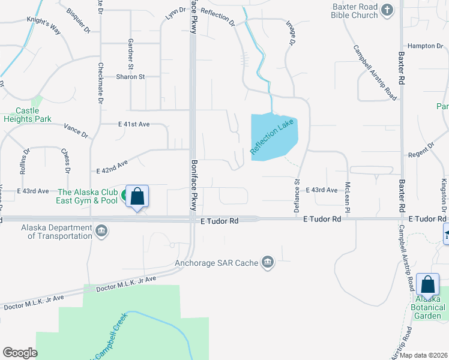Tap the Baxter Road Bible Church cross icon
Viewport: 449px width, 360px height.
point(388,10)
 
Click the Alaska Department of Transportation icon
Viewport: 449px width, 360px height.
point(101,231)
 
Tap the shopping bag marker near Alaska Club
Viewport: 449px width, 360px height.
point(137,197)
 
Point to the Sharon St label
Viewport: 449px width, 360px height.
point(131,77)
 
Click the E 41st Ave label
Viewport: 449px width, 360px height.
point(134,124)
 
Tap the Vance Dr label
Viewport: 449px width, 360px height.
point(76,131)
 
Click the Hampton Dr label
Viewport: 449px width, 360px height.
point(424,46)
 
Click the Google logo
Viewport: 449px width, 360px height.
point(20,352)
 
